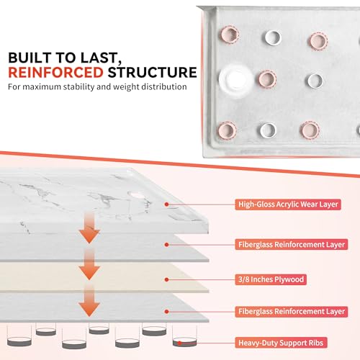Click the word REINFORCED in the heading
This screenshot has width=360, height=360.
tap(55, 73)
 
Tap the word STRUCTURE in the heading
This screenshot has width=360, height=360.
tap(153, 73)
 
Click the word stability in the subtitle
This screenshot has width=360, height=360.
tap(78, 86)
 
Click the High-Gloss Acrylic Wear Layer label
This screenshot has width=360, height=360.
tap(288, 204)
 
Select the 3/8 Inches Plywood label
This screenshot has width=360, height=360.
tap(271, 279)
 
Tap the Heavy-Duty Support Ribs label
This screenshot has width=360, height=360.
tap(281, 343)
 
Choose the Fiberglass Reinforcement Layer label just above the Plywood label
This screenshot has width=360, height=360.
tap(292, 245)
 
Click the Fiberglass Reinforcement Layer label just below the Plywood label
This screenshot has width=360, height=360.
tap(292, 312)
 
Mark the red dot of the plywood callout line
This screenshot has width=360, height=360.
tap(166, 279)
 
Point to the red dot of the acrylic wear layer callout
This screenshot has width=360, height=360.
tap(166, 204)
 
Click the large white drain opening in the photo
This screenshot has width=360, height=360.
tap(236, 79)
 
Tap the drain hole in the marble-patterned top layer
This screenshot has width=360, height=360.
tap(136, 194)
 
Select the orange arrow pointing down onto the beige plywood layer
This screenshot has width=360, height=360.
tap(89, 264)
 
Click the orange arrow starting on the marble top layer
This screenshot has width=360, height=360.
tap(89, 228)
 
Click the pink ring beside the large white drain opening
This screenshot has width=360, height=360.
tap(267, 79)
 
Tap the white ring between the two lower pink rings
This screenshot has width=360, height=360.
tap(268, 130)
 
